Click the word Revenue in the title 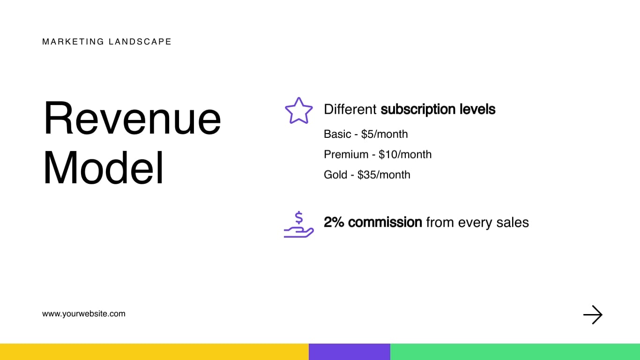pyautogui.click(x=132, y=118)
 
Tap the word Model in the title pyautogui.click(x=104, y=169)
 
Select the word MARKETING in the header pyautogui.click(x=73, y=42)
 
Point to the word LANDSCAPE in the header pyautogui.click(x=140, y=42)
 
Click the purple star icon pyautogui.click(x=298, y=111)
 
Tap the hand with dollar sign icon pyautogui.click(x=298, y=225)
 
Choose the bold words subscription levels pyautogui.click(x=438, y=110)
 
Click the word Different pyautogui.click(x=350, y=110)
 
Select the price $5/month pyautogui.click(x=384, y=135)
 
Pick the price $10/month pyautogui.click(x=405, y=155)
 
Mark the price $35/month pyautogui.click(x=384, y=175)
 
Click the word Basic pyautogui.click(x=337, y=135)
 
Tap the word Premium pyautogui.click(x=346, y=155)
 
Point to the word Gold pyautogui.click(x=335, y=175)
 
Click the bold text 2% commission pyautogui.click(x=373, y=222)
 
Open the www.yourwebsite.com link pyautogui.click(x=84, y=314)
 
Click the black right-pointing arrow pyautogui.click(x=593, y=315)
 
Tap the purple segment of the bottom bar pyautogui.click(x=349, y=352)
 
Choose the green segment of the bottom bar pyautogui.click(x=515, y=352)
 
